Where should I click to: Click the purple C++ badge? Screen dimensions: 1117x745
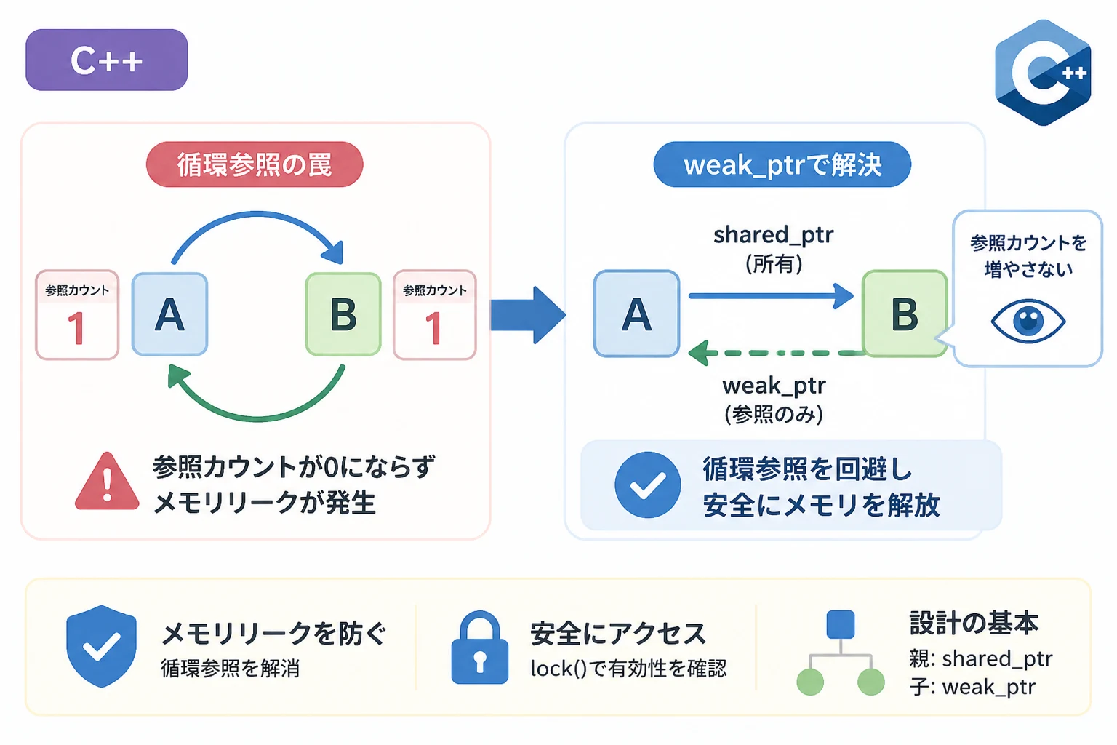click(106, 60)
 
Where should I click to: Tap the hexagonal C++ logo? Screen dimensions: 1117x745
click(1043, 73)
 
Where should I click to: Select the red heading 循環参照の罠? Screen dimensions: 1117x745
click(255, 164)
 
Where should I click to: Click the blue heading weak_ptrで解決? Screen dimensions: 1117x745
click(782, 164)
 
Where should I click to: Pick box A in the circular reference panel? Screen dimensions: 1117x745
click(169, 314)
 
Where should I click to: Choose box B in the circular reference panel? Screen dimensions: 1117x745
click(343, 314)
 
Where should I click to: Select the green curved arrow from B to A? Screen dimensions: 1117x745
click(257, 417)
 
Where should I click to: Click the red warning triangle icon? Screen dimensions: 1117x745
click(107, 482)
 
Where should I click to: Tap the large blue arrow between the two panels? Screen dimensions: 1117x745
click(528, 315)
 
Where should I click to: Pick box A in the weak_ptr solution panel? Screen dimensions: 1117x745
click(636, 314)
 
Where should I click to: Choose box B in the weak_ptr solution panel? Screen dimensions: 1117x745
click(905, 314)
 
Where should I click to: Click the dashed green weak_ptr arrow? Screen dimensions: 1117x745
click(776, 353)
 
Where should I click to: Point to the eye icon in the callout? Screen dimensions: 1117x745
click(1028, 321)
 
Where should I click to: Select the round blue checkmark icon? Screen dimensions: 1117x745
click(648, 485)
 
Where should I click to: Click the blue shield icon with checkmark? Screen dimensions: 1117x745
click(101, 646)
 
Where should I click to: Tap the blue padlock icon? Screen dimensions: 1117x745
click(480, 648)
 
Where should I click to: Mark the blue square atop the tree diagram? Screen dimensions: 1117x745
click(840, 624)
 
